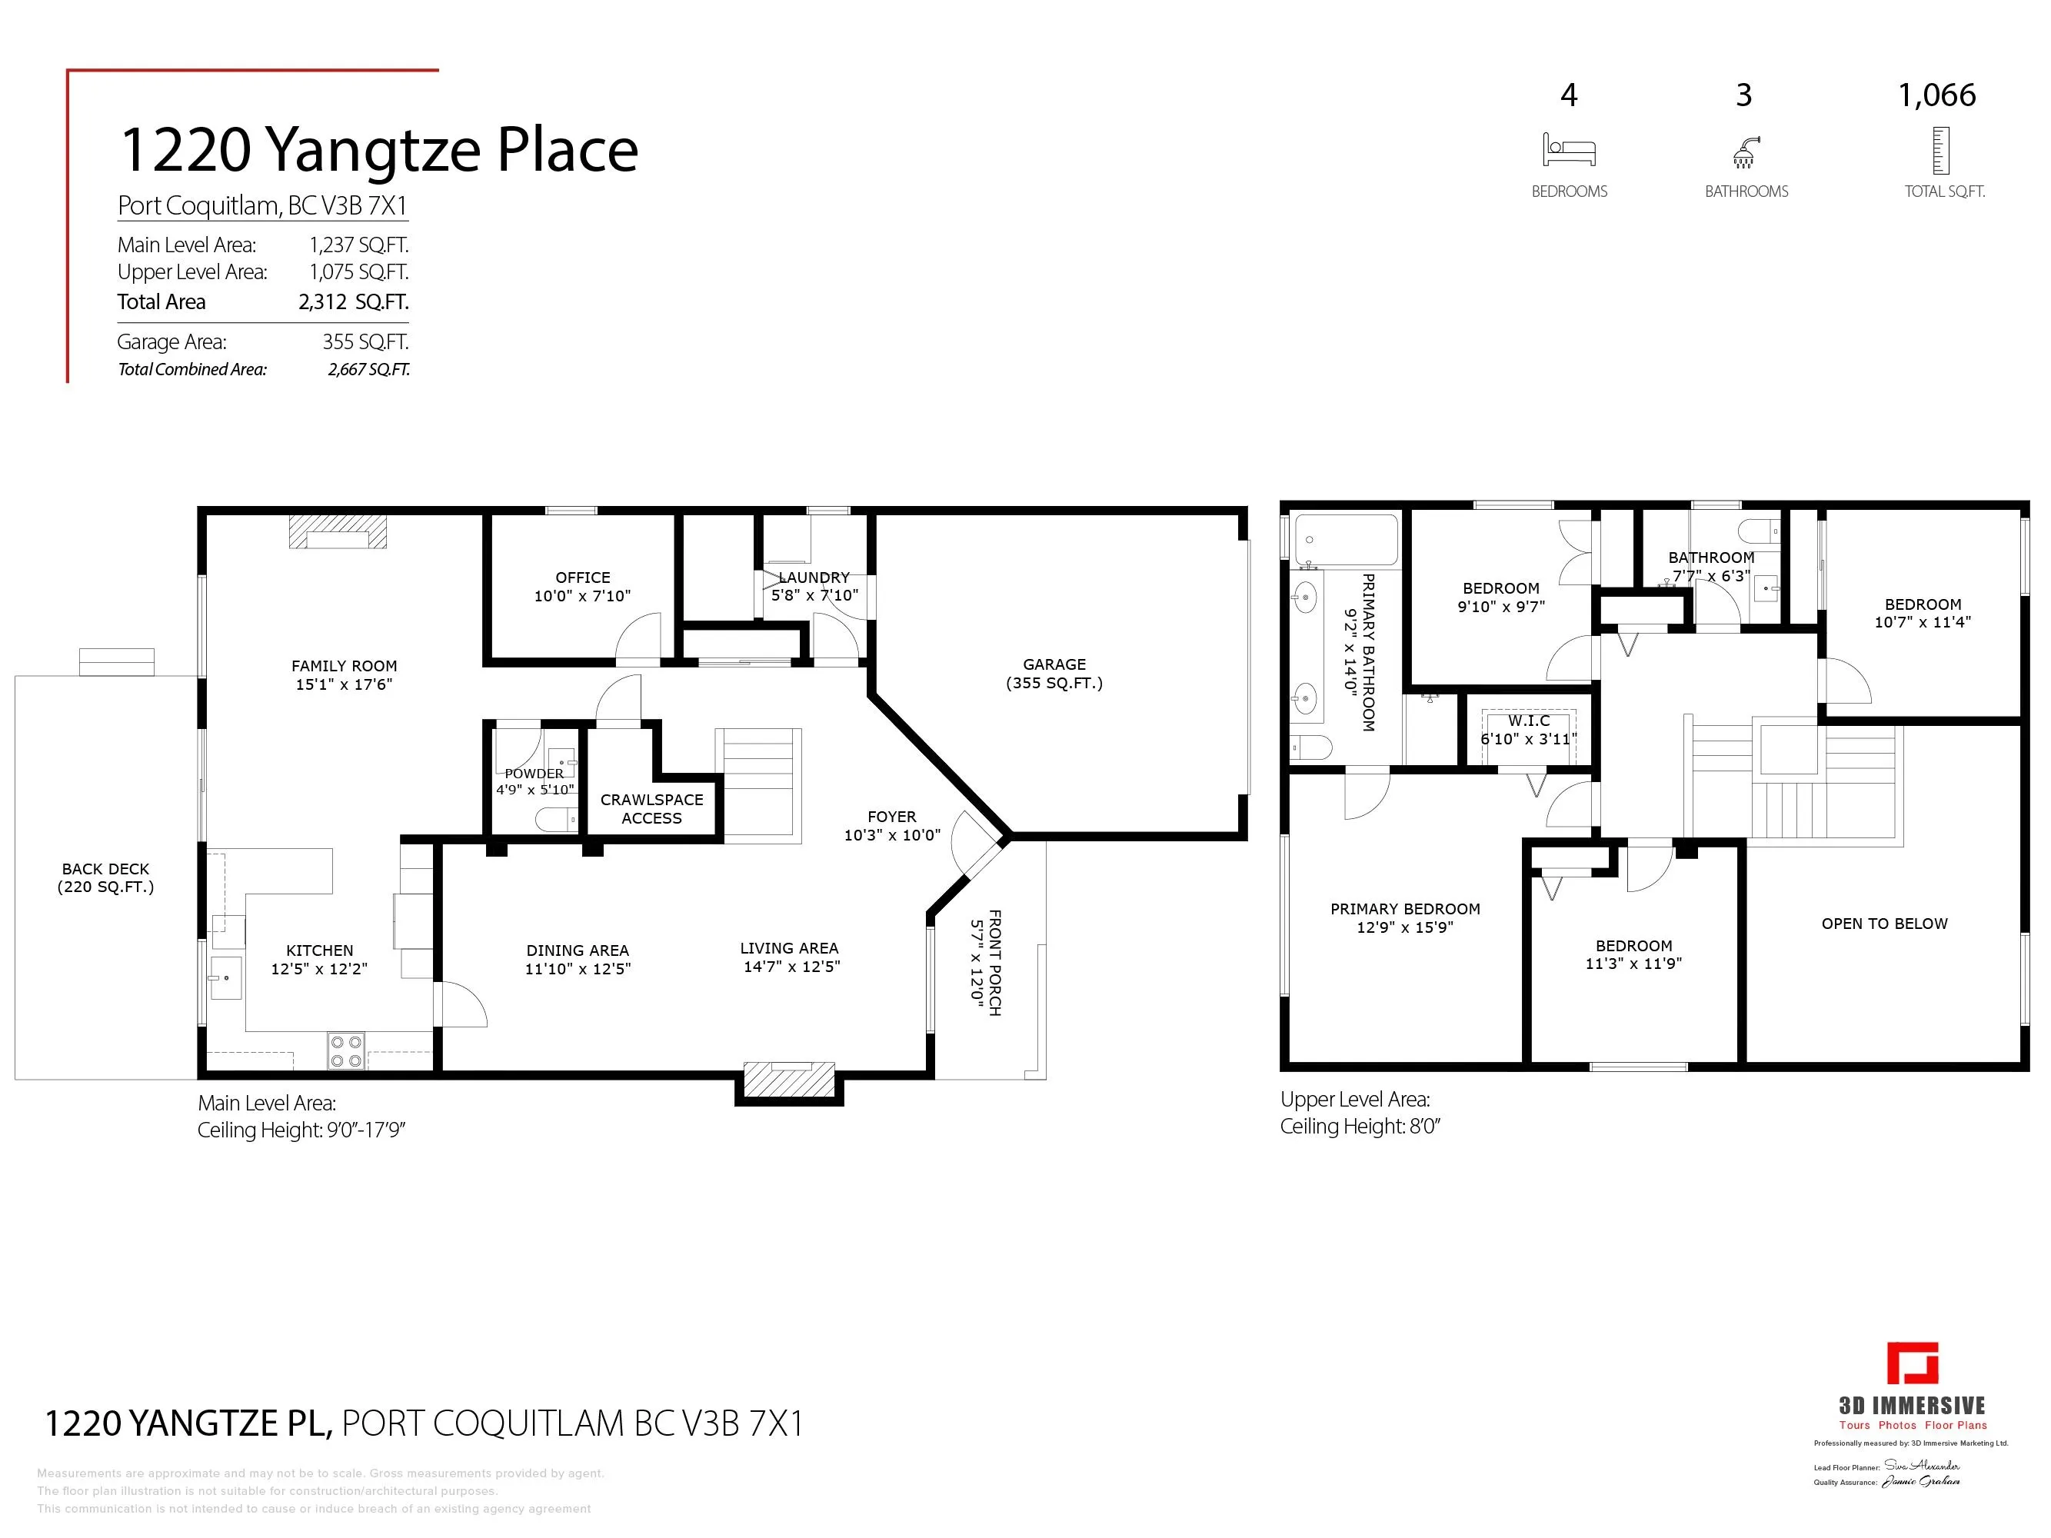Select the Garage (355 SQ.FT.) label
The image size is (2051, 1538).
pyautogui.click(x=1054, y=673)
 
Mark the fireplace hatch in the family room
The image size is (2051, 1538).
pyautogui.click(x=338, y=532)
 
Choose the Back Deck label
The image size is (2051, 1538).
pyautogui.click(x=105, y=877)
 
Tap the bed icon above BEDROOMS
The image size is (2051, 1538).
pyautogui.click(x=1569, y=150)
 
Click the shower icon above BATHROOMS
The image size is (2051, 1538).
pyautogui.click(x=1746, y=152)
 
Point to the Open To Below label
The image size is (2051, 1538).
pyautogui.click(x=1884, y=924)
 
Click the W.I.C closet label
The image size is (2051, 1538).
pyautogui.click(x=1528, y=730)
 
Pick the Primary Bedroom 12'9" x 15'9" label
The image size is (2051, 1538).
pyautogui.click(x=1405, y=917)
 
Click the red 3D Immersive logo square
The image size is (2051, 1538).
pyautogui.click(x=1913, y=1363)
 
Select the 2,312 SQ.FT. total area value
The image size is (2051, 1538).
pyautogui.click(x=353, y=301)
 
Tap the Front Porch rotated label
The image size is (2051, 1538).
pyautogui.click(x=986, y=962)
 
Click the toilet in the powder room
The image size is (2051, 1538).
pyautogui.click(x=555, y=820)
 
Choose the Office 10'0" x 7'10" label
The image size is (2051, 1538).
pyautogui.click(x=582, y=586)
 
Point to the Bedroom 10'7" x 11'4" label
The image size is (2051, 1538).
pyautogui.click(x=1922, y=613)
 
